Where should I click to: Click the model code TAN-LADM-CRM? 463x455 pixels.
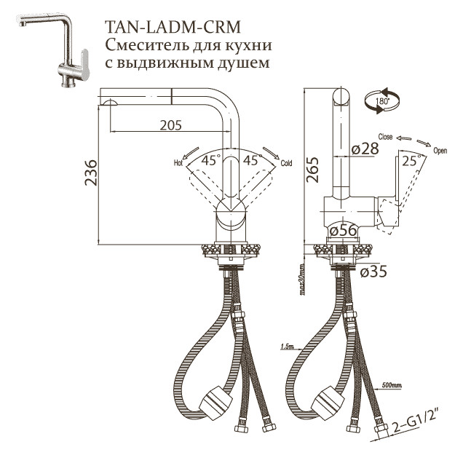(173, 28)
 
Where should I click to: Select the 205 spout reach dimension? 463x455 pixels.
(170, 125)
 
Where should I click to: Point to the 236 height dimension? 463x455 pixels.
(90, 173)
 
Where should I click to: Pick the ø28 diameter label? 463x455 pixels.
(365, 149)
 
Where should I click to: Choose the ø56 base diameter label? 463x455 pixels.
(341, 230)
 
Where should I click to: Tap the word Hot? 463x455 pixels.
(178, 162)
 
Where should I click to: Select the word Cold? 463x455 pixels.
(286, 163)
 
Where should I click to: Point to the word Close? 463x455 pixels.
(385, 137)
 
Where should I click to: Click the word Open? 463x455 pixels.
(440, 151)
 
